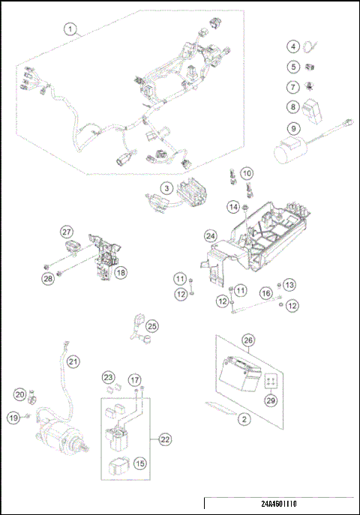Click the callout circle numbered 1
(71, 30)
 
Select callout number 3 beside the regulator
(167, 188)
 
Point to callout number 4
(293, 46)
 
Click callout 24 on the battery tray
(211, 237)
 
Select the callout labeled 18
(120, 274)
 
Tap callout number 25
(152, 326)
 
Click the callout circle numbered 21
(73, 362)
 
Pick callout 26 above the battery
(248, 340)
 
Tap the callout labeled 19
(13, 417)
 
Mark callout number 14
(233, 205)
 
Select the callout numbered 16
(266, 293)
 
